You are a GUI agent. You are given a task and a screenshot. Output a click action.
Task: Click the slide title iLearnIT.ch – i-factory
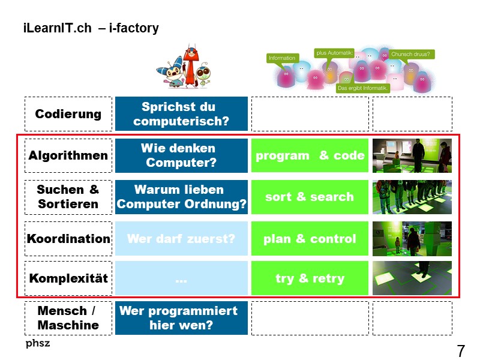click(x=91, y=28)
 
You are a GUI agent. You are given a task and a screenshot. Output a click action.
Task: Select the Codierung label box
click(x=68, y=114)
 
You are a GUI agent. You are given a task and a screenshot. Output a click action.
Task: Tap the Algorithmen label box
click(x=68, y=155)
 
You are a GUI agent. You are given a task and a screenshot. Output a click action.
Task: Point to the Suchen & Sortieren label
click(x=68, y=197)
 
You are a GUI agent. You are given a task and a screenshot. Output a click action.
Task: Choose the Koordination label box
click(x=68, y=239)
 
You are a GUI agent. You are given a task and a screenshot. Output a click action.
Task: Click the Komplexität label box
click(x=68, y=278)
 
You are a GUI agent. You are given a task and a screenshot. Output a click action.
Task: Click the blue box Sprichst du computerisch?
click(x=181, y=114)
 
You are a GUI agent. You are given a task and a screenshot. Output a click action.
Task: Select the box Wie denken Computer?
click(x=181, y=155)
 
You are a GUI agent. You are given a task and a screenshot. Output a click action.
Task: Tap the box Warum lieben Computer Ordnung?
click(x=181, y=197)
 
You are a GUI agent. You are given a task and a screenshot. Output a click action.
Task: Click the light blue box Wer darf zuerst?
click(x=181, y=239)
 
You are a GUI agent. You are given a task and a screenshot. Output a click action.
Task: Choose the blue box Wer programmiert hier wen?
click(x=181, y=318)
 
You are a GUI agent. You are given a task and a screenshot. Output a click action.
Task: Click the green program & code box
click(x=310, y=155)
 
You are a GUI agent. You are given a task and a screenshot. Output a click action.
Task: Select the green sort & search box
click(x=310, y=197)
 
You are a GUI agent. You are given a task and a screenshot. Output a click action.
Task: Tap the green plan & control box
click(x=310, y=239)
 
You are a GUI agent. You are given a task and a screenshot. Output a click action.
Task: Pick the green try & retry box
click(x=310, y=278)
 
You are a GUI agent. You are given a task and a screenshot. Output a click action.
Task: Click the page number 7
click(x=461, y=351)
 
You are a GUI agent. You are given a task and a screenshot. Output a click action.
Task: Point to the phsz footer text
click(x=38, y=343)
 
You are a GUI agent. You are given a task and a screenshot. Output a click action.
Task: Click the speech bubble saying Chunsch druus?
click(x=412, y=54)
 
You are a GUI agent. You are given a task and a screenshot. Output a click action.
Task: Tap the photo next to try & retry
click(x=412, y=278)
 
